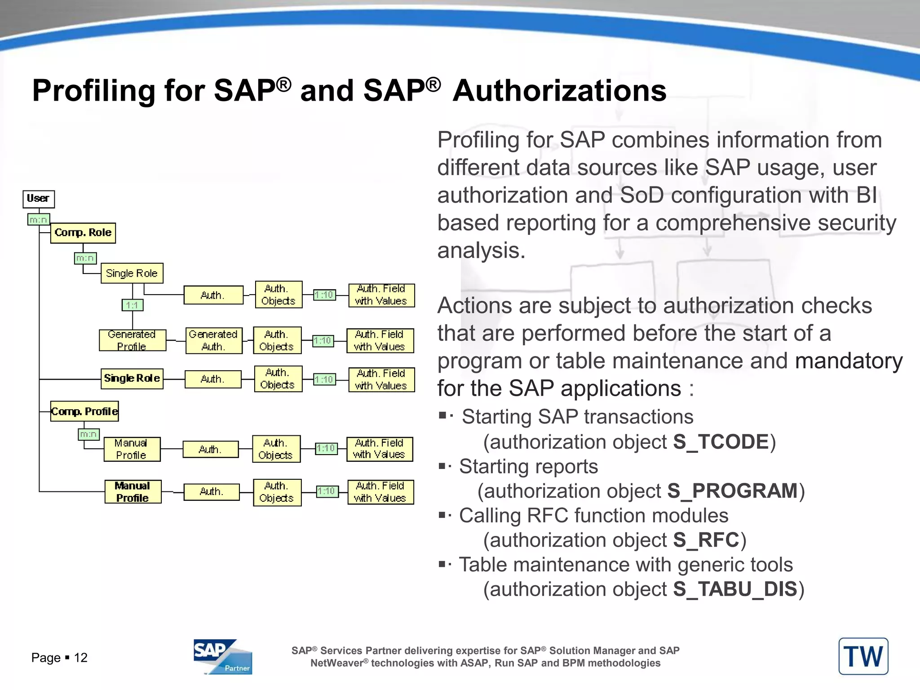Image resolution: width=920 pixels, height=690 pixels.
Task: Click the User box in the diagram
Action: click(39, 199)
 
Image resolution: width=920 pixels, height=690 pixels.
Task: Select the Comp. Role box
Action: click(83, 233)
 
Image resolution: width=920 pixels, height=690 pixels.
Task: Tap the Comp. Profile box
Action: click(84, 411)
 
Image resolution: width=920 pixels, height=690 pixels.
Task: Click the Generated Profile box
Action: click(132, 340)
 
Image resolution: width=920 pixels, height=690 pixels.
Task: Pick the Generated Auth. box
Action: click(214, 341)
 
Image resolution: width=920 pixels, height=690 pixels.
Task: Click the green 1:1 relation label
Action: click(133, 305)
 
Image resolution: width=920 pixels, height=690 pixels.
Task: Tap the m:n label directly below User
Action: click(39, 220)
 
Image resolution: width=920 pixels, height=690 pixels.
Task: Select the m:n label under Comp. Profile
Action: click(88, 434)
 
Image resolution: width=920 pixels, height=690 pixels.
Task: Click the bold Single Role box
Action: click(132, 379)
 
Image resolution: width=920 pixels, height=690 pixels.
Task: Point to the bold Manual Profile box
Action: click(133, 492)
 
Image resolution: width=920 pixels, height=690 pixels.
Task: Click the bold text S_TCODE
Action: click(721, 442)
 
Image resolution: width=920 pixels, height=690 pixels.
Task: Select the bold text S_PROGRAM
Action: click(732, 491)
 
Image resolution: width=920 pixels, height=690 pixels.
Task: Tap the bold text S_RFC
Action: click(706, 540)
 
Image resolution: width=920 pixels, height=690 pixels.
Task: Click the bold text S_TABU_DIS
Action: click(735, 589)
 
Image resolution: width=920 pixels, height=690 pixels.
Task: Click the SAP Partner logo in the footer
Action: click(223, 657)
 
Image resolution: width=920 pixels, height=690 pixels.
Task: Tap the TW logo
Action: click(863, 656)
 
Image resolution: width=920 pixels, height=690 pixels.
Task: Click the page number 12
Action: click(81, 658)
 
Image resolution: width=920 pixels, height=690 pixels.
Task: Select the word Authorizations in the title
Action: click(559, 91)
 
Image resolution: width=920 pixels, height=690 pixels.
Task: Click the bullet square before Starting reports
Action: click(442, 466)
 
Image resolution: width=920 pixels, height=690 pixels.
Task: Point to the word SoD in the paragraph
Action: click(641, 195)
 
